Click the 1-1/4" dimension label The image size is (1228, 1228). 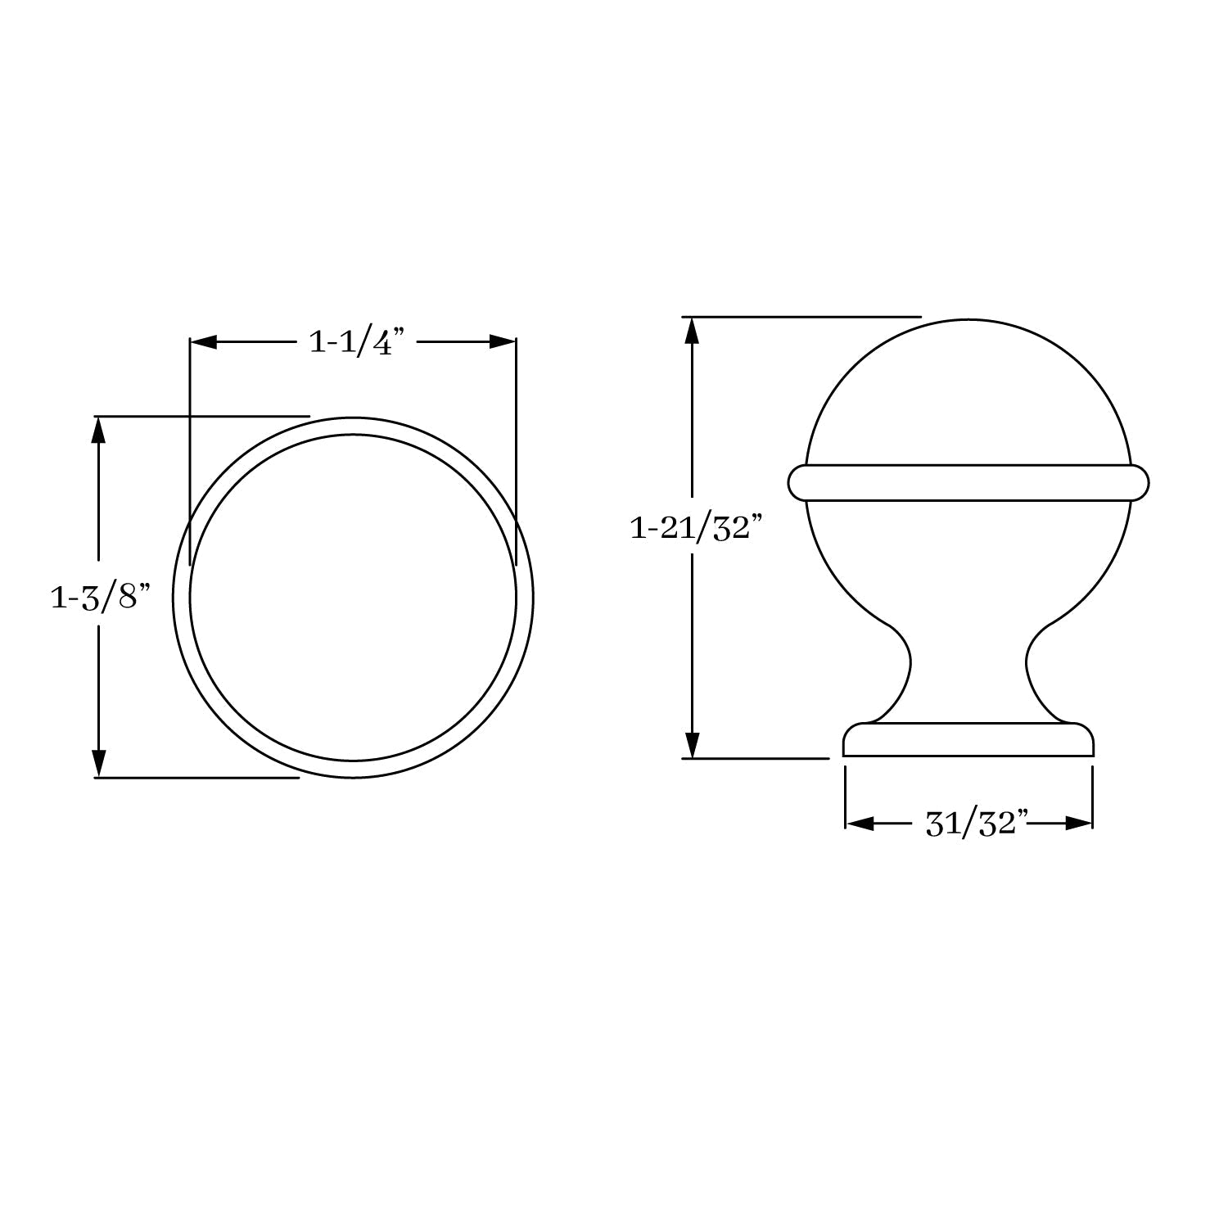(357, 341)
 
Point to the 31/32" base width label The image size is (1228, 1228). (976, 824)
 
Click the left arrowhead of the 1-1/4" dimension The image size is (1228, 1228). (203, 342)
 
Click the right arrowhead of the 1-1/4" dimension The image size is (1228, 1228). (503, 342)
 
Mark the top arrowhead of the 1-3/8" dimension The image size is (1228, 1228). (99, 431)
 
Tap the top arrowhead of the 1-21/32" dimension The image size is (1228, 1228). (693, 331)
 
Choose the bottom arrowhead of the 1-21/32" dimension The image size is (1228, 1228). (693, 744)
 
